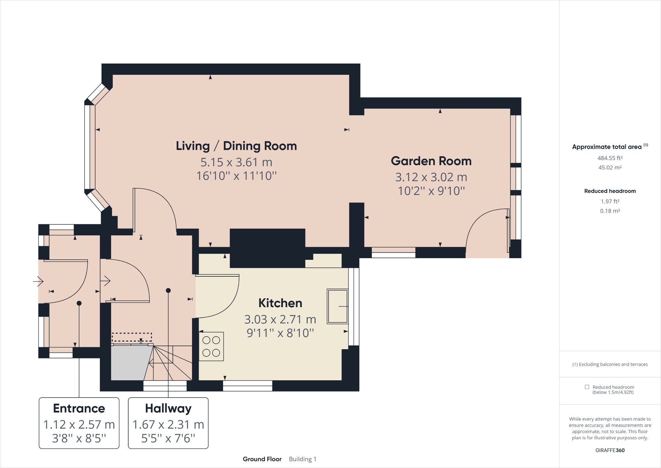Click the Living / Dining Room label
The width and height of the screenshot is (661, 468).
click(x=236, y=146)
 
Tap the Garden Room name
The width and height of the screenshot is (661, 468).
click(x=431, y=161)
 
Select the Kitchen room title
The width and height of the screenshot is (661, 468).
click(x=280, y=303)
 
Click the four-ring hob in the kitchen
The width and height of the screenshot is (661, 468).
click(x=211, y=347)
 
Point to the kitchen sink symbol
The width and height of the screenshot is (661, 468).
click(x=337, y=306)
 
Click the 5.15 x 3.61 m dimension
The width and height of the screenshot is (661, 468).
click(x=236, y=163)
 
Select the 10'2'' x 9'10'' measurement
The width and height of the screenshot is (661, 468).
click(x=431, y=191)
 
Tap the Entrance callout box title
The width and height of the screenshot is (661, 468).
click(x=79, y=408)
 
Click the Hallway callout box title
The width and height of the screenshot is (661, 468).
click(x=168, y=408)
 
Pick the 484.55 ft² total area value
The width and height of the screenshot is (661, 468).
click(x=610, y=158)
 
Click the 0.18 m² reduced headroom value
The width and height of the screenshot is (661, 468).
click(x=610, y=211)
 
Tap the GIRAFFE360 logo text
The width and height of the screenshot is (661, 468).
click(x=610, y=450)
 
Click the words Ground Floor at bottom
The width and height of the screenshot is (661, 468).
click(x=262, y=459)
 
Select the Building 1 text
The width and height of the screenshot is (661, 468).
click(x=302, y=459)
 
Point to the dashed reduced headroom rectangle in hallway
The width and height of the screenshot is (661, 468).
click(x=132, y=337)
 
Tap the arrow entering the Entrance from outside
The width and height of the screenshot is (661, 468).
click(x=38, y=282)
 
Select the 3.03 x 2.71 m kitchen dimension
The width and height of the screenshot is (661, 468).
click(x=280, y=319)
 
